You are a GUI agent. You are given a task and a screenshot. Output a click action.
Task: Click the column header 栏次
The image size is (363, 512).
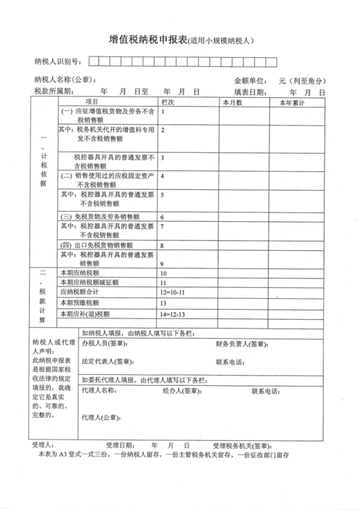coord(168,102)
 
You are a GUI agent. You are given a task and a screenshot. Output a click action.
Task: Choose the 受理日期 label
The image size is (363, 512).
coord(120,444)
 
